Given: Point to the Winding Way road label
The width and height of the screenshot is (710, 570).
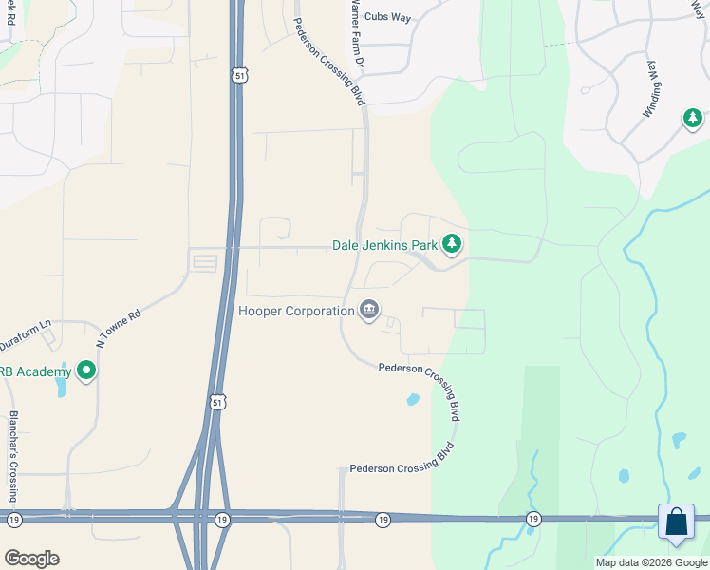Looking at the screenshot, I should pos(654,89).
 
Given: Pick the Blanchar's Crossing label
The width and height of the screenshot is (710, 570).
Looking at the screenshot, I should pos(13,444).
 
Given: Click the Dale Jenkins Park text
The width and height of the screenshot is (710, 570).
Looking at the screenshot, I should pos(384,245).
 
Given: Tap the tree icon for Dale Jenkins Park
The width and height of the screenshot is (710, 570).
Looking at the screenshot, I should pos(452,245).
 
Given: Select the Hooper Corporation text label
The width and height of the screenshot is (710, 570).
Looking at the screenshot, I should pos(296,309).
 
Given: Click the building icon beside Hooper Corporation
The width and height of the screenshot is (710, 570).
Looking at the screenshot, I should pos(369,309).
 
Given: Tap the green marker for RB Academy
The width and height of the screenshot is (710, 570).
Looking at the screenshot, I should pos(86,370).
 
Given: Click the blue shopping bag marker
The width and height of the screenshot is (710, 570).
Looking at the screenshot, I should pos(676,522).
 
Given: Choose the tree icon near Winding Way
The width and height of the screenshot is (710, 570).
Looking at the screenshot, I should pos(693,119).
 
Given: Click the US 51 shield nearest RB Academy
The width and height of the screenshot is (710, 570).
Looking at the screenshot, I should pos(218,402).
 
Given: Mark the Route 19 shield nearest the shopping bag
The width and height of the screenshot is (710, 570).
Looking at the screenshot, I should pos(533,519).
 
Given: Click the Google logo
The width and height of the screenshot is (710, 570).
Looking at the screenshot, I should pos(31,558).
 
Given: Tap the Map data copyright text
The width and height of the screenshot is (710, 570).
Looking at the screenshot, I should pos(650,562).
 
